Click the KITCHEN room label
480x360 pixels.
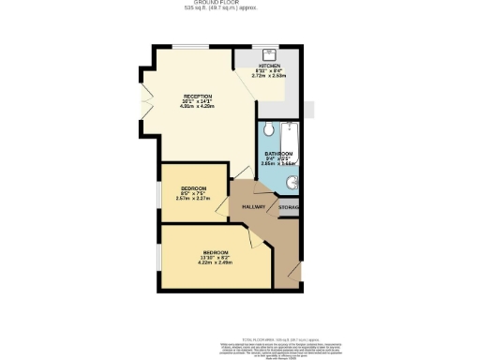[x=269, y=65]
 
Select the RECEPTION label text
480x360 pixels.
[x=197, y=97]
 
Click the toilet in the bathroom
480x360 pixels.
[x=267, y=128]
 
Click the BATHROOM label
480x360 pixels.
[x=278, y=153]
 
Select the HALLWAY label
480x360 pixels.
[x=254, y=206]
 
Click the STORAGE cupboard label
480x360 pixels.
[x=290, y=206]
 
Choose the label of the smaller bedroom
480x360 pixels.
[x=193, y=187]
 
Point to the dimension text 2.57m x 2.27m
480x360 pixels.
[x=193, y=198]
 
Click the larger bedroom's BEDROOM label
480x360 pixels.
[x=216, y=252]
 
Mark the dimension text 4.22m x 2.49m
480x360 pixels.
[x=216, y=262]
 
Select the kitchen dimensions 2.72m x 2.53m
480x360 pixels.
[x=270, y=75]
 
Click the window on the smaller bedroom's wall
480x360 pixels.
[x=157, y=192]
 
